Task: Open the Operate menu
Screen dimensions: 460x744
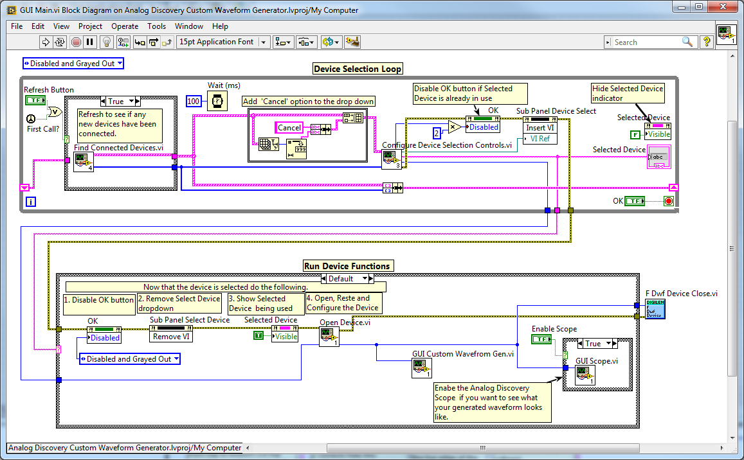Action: [125, 26]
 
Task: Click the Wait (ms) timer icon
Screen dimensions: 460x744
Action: [217, 101]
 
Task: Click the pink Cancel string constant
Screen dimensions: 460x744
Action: [289, 127]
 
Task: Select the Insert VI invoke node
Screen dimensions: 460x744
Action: [540, 128]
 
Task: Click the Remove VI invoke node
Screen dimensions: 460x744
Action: [170, 335]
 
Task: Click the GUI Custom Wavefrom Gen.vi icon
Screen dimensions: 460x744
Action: [422, 368]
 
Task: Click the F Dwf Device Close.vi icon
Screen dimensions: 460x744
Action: [655, 308]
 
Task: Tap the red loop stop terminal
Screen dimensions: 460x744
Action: [668, 202]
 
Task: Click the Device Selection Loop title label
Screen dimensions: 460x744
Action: [358, 69]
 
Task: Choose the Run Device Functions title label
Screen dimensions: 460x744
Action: [347, 266]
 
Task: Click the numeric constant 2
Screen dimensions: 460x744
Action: [437, 133]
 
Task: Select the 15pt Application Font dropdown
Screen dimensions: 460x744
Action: [222, 42]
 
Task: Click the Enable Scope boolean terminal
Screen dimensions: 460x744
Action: [542, 339]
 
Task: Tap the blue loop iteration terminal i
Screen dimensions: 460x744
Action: [30, 202]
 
